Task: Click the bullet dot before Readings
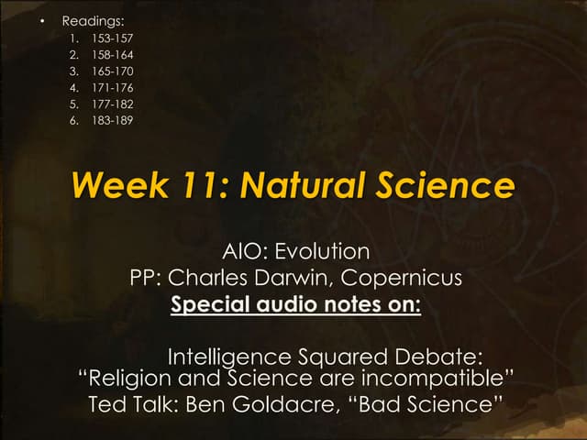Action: pyautogui.click(x=42, y=20)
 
